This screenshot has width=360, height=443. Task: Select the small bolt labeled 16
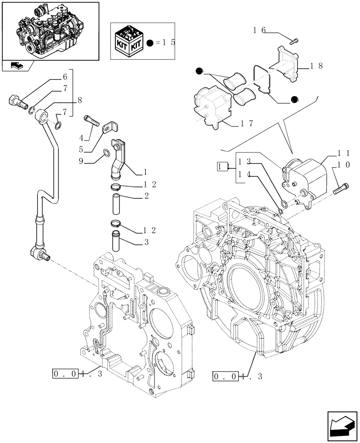(x=295, y=41)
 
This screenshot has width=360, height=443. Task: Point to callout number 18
(x=316, y=66)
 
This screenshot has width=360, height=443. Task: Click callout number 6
(x=65, y=77)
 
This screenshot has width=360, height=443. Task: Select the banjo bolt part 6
(x=17, y=101)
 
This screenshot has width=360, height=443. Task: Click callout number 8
(x=79, y=100)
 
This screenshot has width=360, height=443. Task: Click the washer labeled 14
(x=281, y=204)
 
